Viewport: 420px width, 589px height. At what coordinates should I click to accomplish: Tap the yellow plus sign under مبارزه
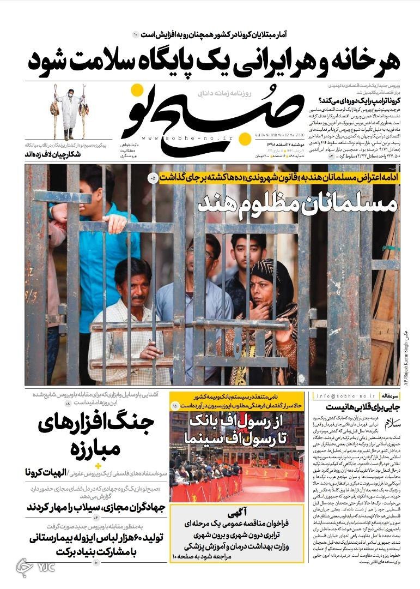pyautogui.click(x=99, y=465)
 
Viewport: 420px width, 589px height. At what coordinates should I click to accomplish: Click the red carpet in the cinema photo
pyautogui.click(x=272, y=480)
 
